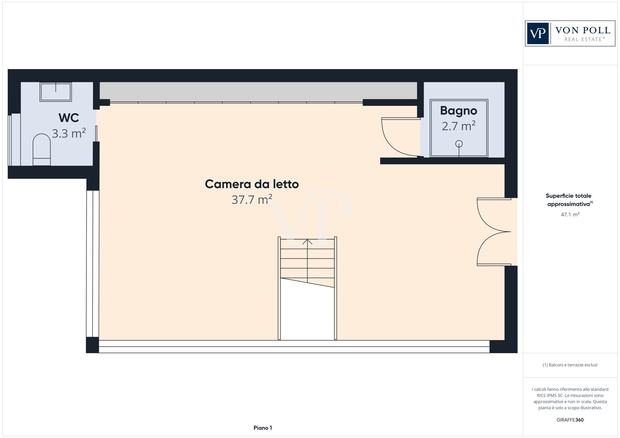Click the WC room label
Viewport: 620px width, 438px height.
pyautogui.click(x=69, y=118)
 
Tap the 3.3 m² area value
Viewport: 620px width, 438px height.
pyautogui.click(x=69, y=134)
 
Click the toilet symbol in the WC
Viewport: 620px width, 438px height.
pyautogui.click(x=42, y=150)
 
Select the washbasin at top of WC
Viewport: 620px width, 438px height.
pyautogui.click(x=55, y=92)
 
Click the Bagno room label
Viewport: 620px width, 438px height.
pyautogui.click(x=458, y=111)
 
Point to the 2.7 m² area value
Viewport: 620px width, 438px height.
pyautogui.click(x=458, y=126)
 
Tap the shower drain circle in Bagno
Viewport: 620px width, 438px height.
pyautogui.click(x=459, y=144)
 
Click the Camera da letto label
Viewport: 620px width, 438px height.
pyautogui.click(x=252, y=184)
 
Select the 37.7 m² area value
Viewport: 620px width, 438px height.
pyautogui.click(x=252, y=199)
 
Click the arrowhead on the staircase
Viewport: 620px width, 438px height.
pyautogui.click(x=307, y=241)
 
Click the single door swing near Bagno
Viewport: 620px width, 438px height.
pyautogui.click(x=398, y=138)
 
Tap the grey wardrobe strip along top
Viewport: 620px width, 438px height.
pyautogui.click(x=258, y=92)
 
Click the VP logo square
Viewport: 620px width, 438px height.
pyautogui.click(x=538, y=33)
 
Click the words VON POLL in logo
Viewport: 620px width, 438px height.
pyautogui.click(x=582, y=30)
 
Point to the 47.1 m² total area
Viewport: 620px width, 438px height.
pyautogui.click(x=570, y=214)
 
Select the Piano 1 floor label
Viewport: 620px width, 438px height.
pyautogui.click(x=263, y=428)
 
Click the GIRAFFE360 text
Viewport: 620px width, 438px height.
pyautogui.click(x=570, y=420)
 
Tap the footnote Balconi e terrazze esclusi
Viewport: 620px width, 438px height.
pyautogui.click(x=570, y=365)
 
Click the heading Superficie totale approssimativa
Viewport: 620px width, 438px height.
pyautogui.click(x=569, y=200)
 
